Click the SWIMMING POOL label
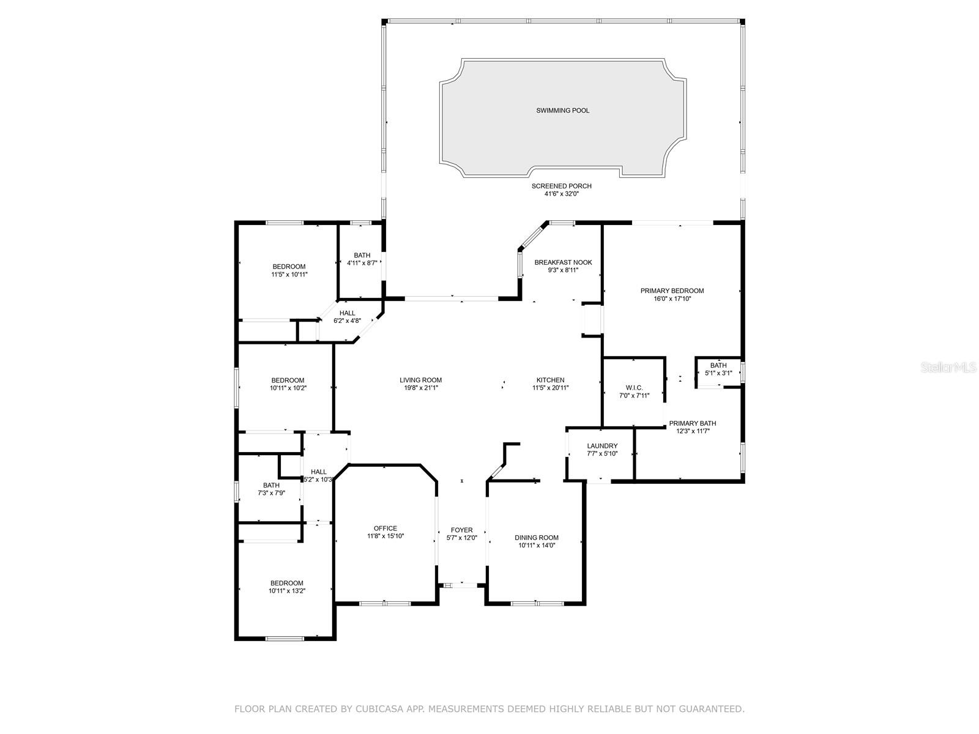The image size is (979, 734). [562, 111]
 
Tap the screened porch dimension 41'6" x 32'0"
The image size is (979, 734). [561, 194]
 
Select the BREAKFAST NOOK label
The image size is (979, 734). [563, 262]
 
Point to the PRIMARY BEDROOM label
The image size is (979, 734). [672, 291]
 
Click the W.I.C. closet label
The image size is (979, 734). [634, 388]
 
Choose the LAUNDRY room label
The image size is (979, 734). [602, 446]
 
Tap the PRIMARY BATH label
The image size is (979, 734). [692, 423]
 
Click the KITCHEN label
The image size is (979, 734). [550, 380]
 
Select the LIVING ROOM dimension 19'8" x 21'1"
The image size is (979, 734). [421, 388]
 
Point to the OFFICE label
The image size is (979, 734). [385, 528]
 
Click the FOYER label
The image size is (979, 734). [461, 530]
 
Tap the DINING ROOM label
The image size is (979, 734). [536, 538]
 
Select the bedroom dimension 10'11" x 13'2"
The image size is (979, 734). [287, 591]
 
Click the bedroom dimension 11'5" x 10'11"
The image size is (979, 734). [289, 275]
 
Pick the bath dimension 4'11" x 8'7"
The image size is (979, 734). [362, 264]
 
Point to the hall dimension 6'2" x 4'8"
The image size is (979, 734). [347, 321]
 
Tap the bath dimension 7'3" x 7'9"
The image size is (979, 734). [271, 493]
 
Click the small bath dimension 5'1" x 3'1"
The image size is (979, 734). [718, 373]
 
